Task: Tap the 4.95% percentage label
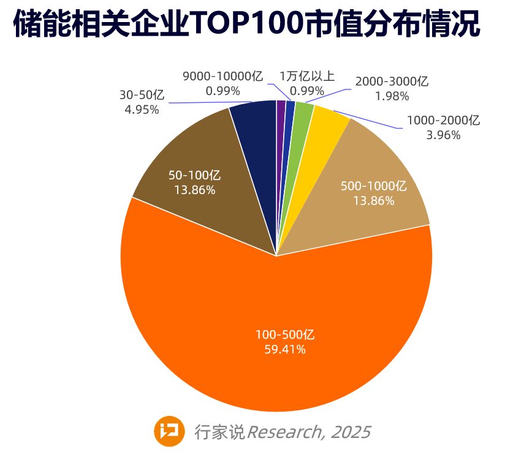tap(142, 110)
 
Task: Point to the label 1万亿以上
tap(307, 77)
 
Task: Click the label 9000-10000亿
tap(223, 77)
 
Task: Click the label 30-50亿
tap(142, 96)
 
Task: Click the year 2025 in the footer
tap(351, 432)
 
